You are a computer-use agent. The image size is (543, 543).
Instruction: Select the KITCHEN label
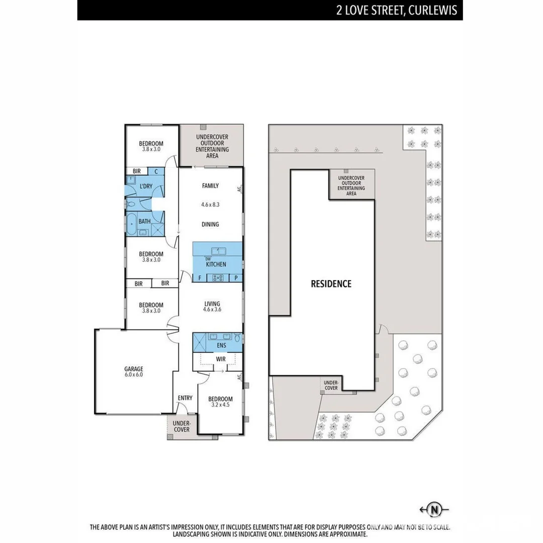[x=216, y=264]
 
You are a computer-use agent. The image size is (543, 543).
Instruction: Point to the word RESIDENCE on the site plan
[x=331, y=284]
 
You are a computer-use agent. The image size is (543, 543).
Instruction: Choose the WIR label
[x=220, y=359]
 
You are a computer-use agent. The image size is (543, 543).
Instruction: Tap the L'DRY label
[x=146, y=186]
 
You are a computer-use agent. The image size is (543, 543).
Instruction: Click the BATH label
[x=145, y=221]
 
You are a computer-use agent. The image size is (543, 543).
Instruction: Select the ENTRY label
[x=185, y=398]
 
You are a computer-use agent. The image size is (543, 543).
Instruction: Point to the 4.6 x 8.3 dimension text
[x=210, y=205]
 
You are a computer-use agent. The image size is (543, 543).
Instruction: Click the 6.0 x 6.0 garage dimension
[x=133, y=374]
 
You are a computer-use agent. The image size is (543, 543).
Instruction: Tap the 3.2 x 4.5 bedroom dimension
[x=220, y=406]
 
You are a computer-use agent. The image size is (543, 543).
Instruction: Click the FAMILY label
[x=210, y=186]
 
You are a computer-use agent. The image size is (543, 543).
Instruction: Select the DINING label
[x=210, y=224]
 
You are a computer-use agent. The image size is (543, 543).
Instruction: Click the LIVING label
[x=212, y=303]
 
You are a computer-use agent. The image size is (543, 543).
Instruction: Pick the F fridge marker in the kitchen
[x=200, y=278]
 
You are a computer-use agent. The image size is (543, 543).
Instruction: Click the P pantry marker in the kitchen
[x=235, y=278]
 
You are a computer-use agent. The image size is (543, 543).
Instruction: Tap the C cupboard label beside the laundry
[x=156, y=171]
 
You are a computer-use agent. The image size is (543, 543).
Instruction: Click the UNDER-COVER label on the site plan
[x=330, y=385]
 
